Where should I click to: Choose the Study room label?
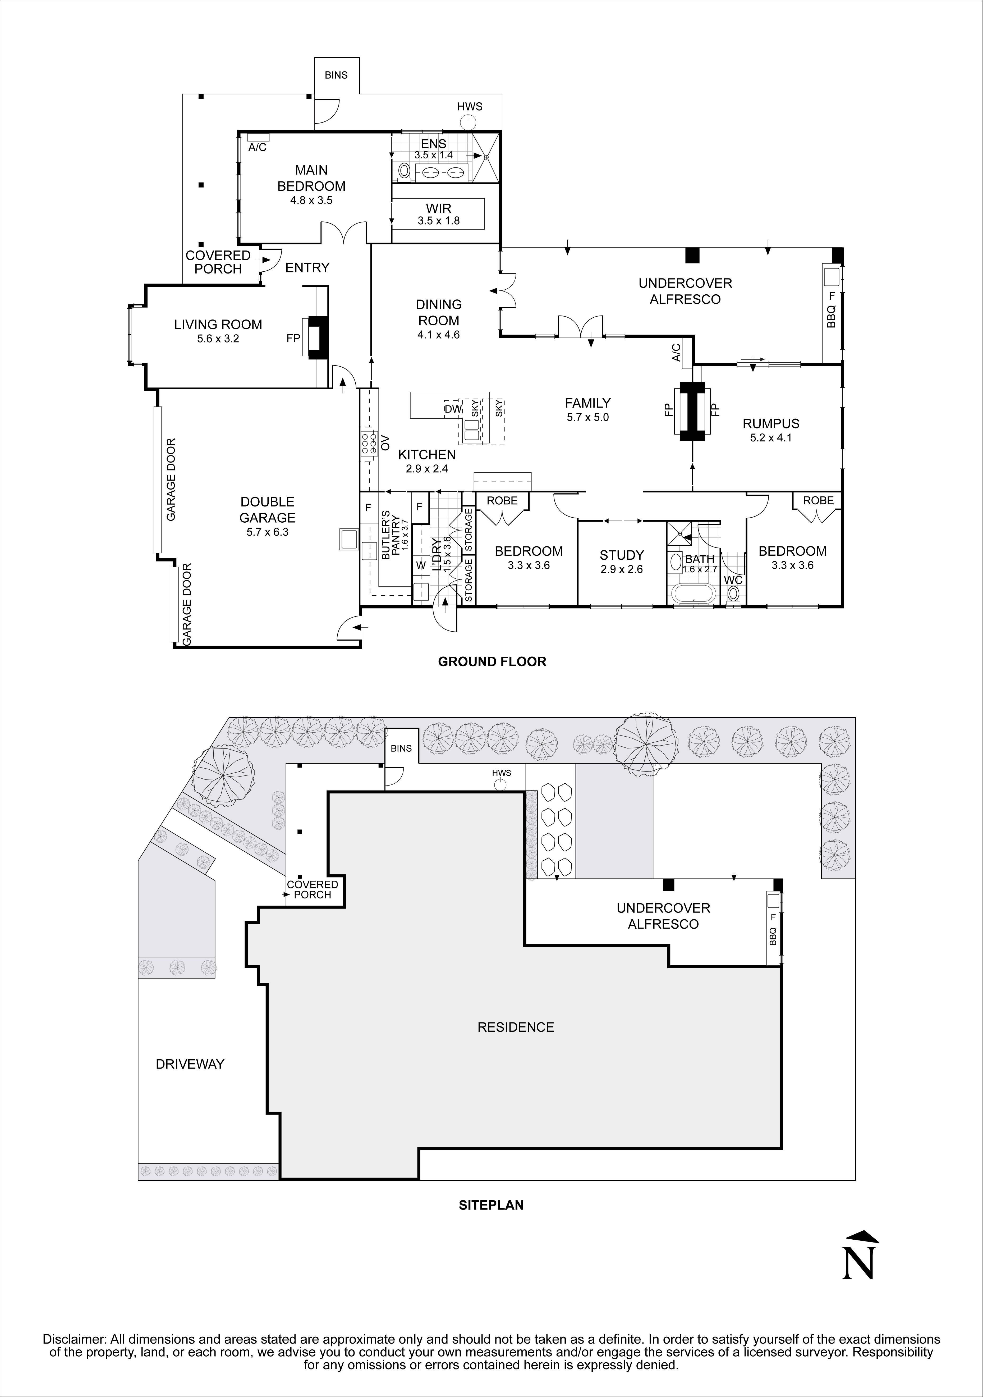click(621, 555)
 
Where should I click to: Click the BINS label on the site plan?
click(401, 748)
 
